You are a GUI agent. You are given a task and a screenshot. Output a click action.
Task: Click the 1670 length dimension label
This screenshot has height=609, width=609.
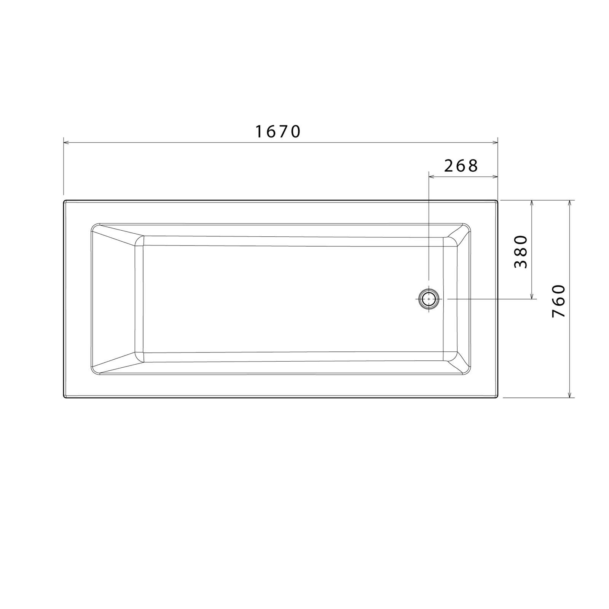pos(278,132)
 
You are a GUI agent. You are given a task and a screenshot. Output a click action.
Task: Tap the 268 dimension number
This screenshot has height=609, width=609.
pos(461,166)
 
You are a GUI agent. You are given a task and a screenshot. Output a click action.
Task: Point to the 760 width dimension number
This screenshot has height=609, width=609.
pos(559,301)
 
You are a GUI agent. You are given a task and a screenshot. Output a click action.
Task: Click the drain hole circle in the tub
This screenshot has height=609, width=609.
pos(429,299)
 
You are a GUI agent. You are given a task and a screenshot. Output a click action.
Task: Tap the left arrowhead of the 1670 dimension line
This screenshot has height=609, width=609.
pos(66,143)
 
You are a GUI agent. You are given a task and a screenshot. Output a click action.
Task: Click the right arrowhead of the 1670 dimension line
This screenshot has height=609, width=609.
pos(495,143)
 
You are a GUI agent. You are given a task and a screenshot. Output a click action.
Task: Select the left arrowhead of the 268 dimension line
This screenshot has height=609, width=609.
pos(431,177)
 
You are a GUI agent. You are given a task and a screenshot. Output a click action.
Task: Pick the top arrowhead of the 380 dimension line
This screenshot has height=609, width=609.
pos(532,203)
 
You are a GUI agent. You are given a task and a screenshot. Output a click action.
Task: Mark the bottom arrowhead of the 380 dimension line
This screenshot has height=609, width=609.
pos(532,297)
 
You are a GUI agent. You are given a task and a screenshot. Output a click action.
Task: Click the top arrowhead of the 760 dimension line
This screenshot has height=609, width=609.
pos(569,203)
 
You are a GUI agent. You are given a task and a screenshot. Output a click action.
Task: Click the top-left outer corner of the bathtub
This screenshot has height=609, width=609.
pos(65,201)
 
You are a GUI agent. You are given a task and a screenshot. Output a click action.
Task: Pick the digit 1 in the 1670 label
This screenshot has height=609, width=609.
pos(259,132)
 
